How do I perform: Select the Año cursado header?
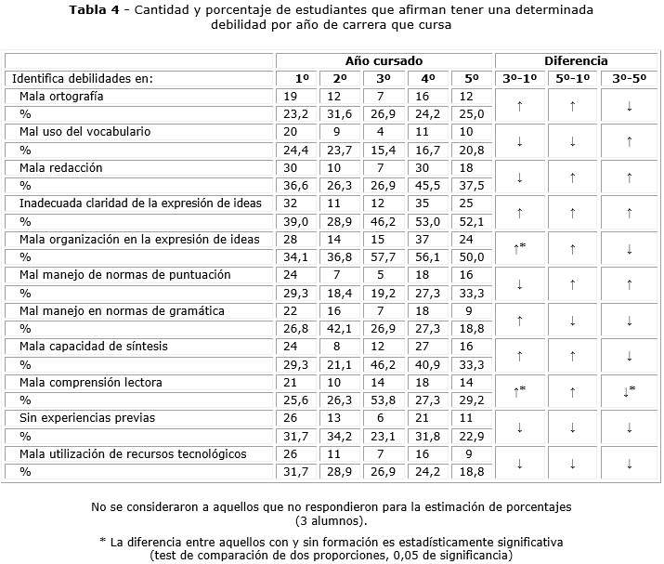(x=384, y=60)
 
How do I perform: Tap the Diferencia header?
(x=576, y=60)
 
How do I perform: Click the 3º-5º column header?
(x=630, y=79)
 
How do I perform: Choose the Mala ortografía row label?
(x=61, y=97)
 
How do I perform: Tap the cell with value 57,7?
(x=384, y=256)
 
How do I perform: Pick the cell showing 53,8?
(x=384, y=400)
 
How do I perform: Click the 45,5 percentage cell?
(x=428, y=185)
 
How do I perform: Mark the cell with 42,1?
(x=341, y=328)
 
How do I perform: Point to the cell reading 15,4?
(x=384, y=150)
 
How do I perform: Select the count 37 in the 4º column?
(x=428, y=239)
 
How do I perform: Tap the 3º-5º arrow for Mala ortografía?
(x=630, y=106)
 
